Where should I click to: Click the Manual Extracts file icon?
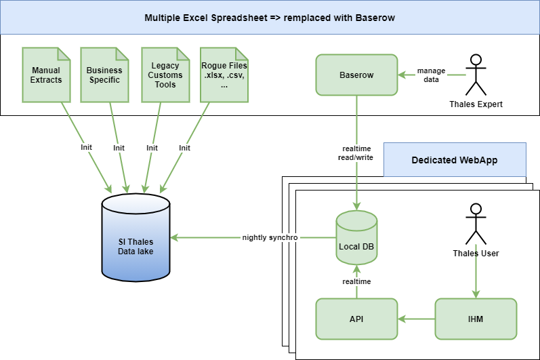tap(46, 75)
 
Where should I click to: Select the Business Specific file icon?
tap(104, 75)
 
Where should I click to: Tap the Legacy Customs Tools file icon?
tap(165, 75)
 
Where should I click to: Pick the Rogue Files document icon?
tap(224, 75)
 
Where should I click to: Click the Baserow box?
tap(356, 75)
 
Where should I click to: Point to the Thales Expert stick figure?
tap(476, 75)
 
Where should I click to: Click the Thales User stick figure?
tap(476, 224)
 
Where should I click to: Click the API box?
tap(356, 319)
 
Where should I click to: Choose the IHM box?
tap(476, 319)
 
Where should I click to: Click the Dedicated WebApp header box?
tap(455, 161)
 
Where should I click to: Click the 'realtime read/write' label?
tap(356, 153)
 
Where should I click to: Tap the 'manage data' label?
tap(432, 75)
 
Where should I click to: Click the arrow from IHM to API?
tap(416, 319)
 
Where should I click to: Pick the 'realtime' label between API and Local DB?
tap(356, 281)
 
